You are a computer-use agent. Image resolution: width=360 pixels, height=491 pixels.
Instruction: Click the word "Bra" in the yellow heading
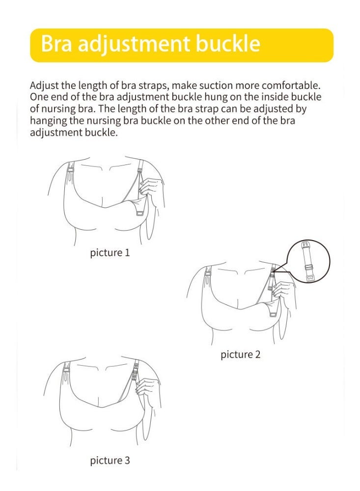tap(57, 44)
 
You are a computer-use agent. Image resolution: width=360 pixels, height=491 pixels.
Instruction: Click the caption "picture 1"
tap(110, 253)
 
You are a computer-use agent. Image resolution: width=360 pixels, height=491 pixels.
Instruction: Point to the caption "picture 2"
tap(240, 354)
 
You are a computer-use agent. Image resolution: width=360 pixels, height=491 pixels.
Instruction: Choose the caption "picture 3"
tap(110, 460)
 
